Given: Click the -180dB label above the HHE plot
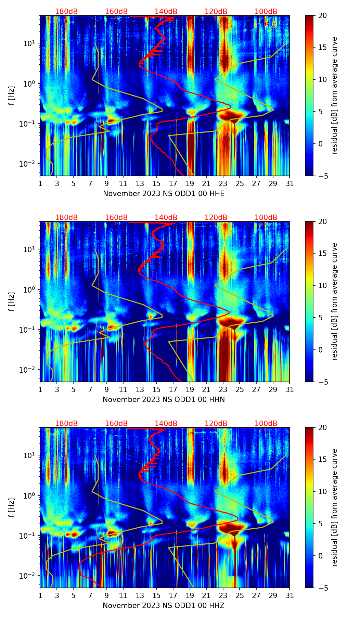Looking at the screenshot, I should pos(65,12).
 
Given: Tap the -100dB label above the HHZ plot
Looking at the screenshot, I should pos(265,424).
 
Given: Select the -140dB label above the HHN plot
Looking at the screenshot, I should pos(165,218).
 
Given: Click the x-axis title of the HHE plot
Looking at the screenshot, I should pos(164,194).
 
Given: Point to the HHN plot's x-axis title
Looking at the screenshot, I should pos(164,400).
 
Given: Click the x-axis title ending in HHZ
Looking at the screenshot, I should pos(164,606).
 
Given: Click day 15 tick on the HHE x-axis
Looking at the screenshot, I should pos(156,184).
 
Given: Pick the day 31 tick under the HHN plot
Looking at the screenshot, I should pos(290,390).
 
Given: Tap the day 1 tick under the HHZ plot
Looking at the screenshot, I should pos(40,596).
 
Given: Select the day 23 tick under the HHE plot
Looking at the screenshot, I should pos(223,184).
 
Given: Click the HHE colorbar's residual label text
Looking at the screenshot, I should pos(334,95).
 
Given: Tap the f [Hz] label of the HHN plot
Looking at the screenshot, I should pos(12,301).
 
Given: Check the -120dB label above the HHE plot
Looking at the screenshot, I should pos(215,12).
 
